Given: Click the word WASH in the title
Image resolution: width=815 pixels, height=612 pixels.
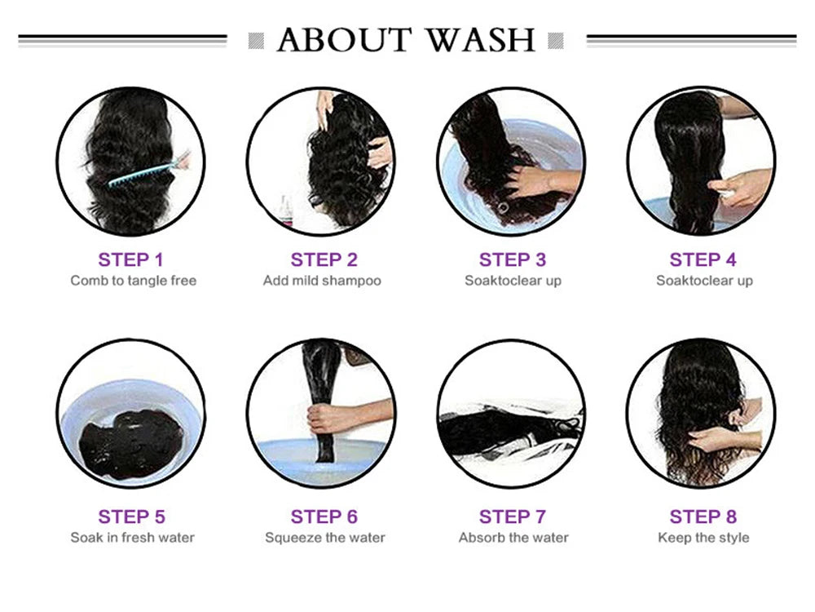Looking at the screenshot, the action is point(480,40).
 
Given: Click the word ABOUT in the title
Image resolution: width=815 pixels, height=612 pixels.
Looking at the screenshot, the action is point(344,40).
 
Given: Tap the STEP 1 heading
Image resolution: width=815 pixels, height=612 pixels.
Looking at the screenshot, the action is point(130,259).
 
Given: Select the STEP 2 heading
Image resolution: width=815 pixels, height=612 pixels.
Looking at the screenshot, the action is point(324,259).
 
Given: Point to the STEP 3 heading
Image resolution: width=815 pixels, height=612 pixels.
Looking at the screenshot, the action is point(513,259).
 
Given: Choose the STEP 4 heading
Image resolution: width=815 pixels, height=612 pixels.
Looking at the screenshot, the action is point(703,259).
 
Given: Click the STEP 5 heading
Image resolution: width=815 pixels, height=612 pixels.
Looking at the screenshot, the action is point(131,517).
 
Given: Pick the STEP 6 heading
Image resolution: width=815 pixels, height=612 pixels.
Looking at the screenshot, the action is point(324,517).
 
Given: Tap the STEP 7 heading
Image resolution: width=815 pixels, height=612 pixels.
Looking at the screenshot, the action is point(513,517).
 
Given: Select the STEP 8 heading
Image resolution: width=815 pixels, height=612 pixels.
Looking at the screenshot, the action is point(703,517).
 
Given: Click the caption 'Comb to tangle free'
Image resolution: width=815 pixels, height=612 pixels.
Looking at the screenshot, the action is point(134,281).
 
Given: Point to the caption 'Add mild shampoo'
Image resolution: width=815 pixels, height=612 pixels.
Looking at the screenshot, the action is point(322,281).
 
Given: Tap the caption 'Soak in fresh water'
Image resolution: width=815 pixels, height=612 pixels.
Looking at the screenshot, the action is point(133,538).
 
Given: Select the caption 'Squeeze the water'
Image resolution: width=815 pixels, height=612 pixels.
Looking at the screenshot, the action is point(325,538).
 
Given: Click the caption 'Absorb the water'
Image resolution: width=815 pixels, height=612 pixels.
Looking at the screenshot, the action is point(513,538).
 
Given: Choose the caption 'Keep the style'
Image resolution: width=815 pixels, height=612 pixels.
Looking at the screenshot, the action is point(703,538).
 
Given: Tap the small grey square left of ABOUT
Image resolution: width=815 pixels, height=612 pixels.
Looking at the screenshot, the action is point(256,41).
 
